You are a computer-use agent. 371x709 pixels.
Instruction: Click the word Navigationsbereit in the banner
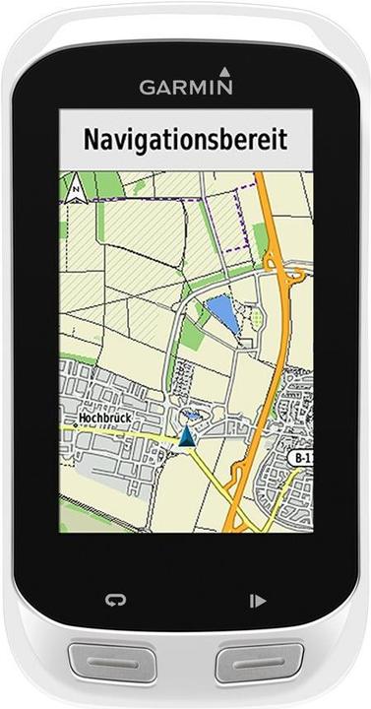click(x=185, y=139)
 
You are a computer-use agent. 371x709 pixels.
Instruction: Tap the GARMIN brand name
click(x=185, y=87)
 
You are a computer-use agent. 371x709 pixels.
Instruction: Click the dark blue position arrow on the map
click(x=185, y=436)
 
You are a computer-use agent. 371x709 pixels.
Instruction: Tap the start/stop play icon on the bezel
click(x=257, y=599)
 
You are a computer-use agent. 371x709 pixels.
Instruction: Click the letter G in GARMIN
click(x=146, y=87)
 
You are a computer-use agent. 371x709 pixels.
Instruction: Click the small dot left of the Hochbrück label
click(x=72, y=419)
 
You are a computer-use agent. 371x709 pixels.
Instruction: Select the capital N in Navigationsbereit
click(x=91, y=139)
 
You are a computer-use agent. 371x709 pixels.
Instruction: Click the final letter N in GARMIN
click(x=225, y=87)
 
